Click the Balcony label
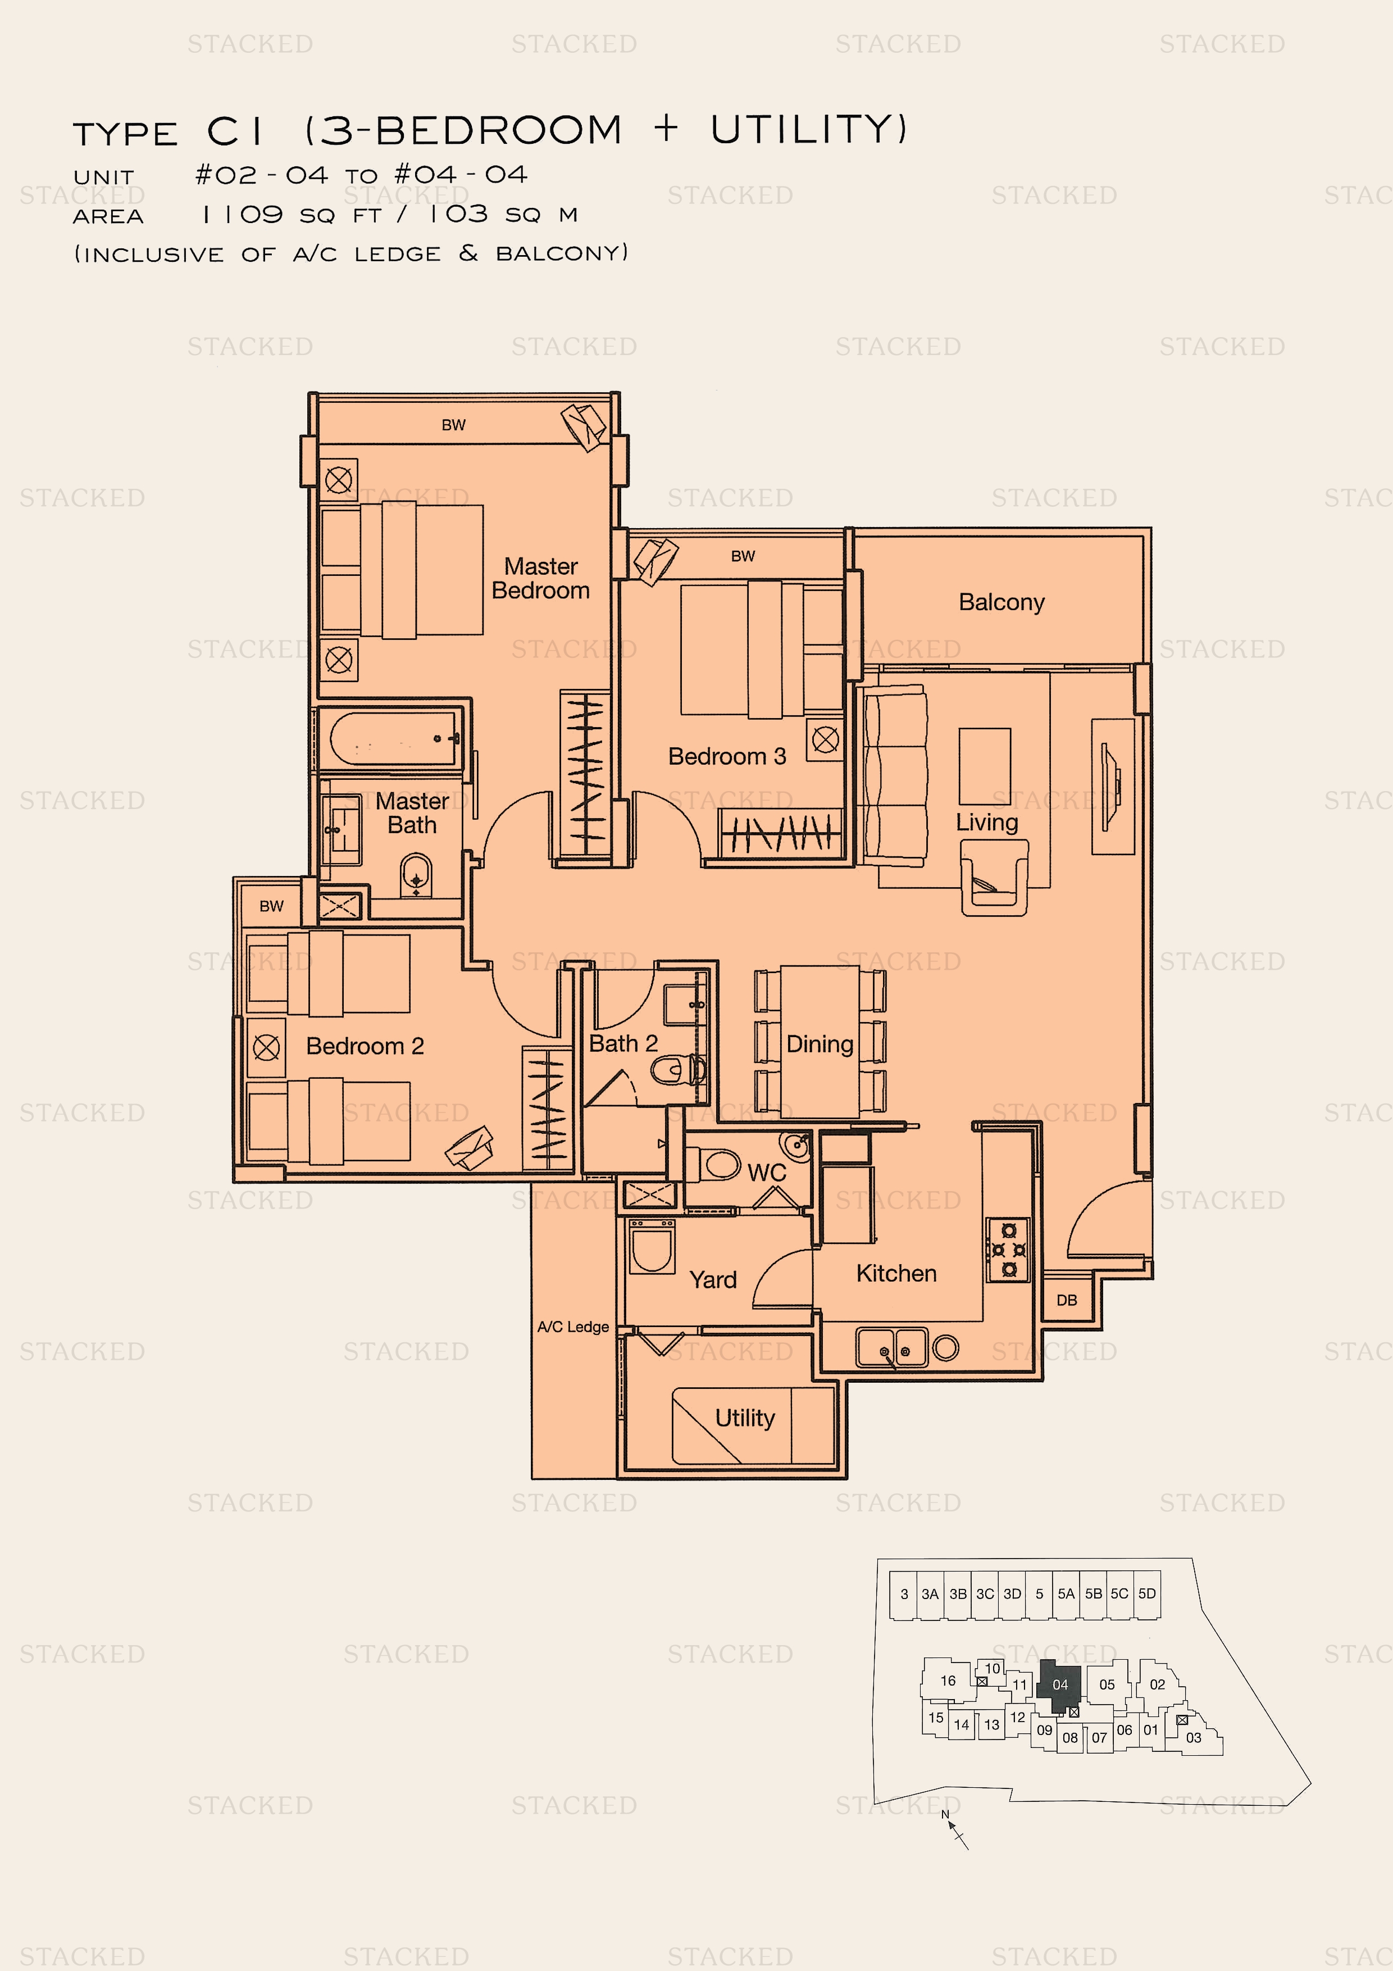[1001, 603]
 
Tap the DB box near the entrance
[1067, 1300]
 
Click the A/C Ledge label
[573, 1327]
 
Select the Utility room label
[745, 1418]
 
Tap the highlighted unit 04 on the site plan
[1059, 1685]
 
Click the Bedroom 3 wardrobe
[781, 832]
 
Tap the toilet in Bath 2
[678, 1070]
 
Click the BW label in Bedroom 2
[271, 906]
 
